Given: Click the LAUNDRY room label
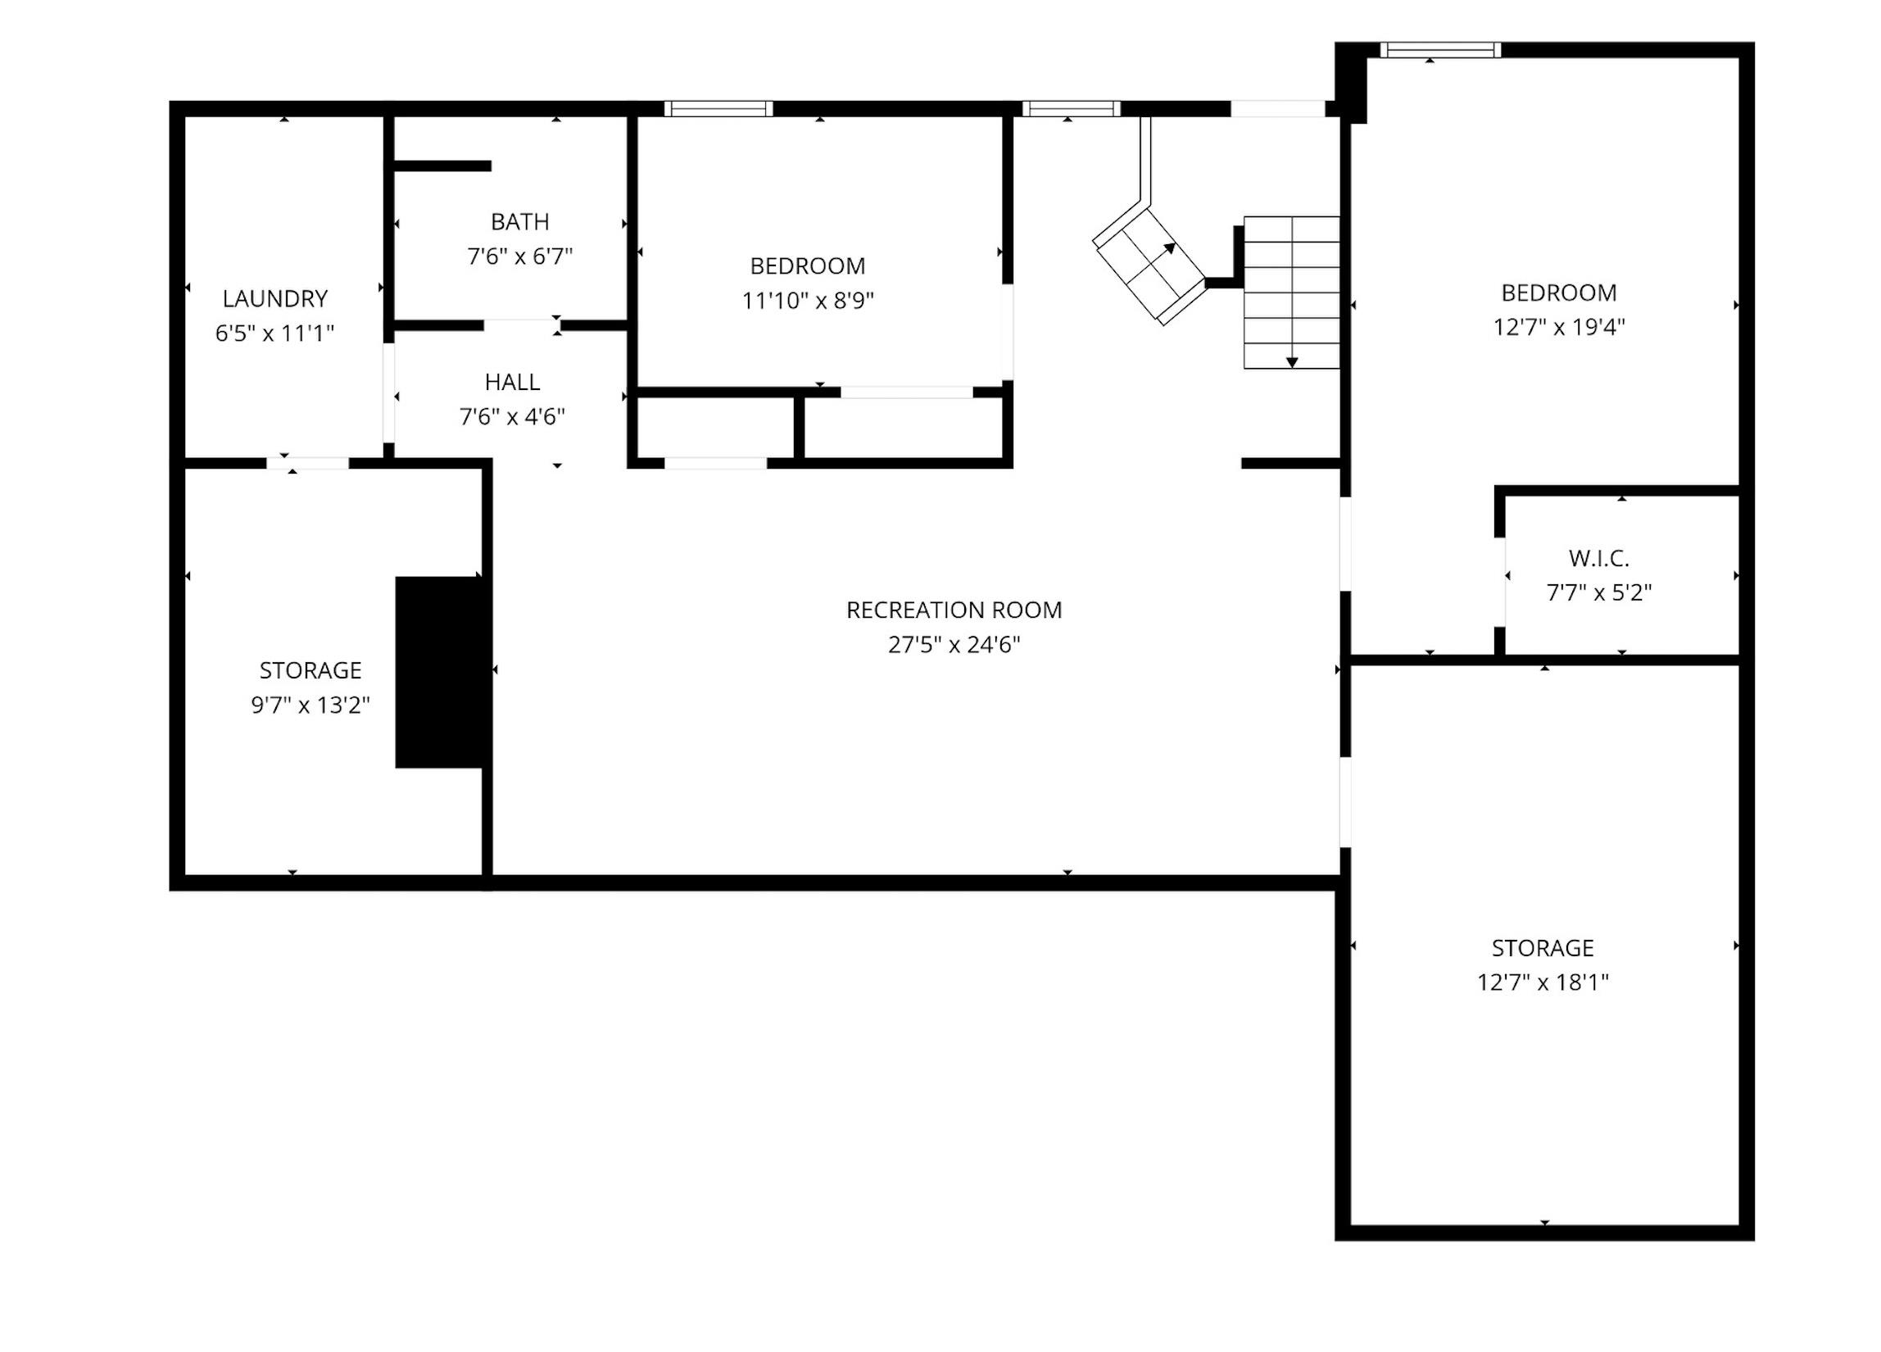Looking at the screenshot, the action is click(x=274, y=298).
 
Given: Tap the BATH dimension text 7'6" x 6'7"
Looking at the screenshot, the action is click(x=520, y=256).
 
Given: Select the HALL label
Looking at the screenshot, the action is click(x=513, y=383).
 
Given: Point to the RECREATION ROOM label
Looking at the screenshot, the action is click(x=954, y=610).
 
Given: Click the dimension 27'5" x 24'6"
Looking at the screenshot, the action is click(x=954, y=646).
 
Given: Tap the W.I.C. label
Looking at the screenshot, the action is click(x=1599, y=559).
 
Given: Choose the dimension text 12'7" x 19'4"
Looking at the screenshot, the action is click(x=1559, y=328).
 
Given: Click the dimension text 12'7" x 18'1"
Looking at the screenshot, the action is click(x=1543, y=983).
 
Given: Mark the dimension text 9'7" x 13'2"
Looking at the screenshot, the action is click(x=310, y=705).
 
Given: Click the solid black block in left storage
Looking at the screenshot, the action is click(x=439, y=673).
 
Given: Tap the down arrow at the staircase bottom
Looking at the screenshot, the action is click(x=1292, y=361).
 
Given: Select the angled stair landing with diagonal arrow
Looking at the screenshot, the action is click(x=1149, y=266).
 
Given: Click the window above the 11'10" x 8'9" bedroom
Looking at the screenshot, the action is click(x=718, y=109).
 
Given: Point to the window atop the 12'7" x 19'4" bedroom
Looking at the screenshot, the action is click(x=1440, y=50).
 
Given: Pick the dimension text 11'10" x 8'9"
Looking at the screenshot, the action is click(x=808, y=301).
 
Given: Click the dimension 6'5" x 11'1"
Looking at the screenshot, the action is click(x=274, y=333).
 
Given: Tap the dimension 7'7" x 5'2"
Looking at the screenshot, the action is click(x=1599, y=593).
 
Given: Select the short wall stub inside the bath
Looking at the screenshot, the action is click(x=442, y=166).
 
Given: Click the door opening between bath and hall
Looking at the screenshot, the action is click(x=523, y=325).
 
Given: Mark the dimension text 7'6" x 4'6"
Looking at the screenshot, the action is click(x=513, y=417).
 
